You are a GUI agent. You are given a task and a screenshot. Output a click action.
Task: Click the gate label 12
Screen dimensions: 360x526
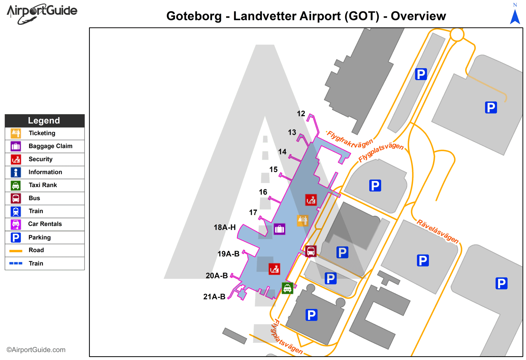pos(301,113)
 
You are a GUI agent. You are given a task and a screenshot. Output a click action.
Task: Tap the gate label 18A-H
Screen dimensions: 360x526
pos(225,227)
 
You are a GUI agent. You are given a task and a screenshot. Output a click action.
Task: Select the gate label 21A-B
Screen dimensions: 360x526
pos(214,297)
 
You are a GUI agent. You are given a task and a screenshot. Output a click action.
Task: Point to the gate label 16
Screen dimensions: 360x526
pos(263,192)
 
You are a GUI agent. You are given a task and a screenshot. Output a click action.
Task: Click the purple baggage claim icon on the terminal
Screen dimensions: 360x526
pos(279,229)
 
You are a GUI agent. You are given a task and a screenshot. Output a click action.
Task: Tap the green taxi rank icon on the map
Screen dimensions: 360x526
pos(287,288)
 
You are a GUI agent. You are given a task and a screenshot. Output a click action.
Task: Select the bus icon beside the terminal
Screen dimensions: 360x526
pos(311,251)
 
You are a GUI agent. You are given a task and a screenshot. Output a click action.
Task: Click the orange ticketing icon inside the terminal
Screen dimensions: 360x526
pos(302,220)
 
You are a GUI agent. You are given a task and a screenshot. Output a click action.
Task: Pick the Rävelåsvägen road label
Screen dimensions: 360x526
pos(438,231)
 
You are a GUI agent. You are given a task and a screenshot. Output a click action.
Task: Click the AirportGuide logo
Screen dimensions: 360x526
pos(42,13)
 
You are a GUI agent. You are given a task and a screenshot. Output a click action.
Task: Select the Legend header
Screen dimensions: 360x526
pos(44,121)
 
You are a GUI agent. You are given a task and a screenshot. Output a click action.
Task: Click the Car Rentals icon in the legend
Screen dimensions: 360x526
pos(16,224)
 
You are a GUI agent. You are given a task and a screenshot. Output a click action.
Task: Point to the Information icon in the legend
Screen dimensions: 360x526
pos(16,172)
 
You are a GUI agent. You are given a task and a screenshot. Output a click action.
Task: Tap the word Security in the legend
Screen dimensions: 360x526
pos(41,159)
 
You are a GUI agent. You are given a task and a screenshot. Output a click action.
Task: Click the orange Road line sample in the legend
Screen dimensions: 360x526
pos(16,251)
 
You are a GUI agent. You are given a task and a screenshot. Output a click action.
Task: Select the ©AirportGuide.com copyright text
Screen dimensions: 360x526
pos(36,350)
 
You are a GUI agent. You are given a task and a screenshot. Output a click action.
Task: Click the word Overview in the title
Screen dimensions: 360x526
pos(418,16)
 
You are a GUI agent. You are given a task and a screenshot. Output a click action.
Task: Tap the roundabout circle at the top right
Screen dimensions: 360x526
pos(457,34)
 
